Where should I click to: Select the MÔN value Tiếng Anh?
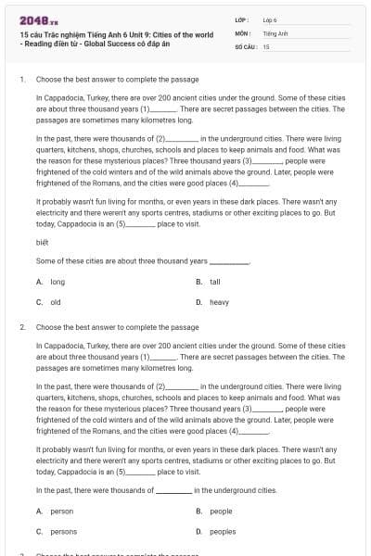click(x=275, y=32)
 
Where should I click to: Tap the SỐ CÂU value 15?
click(x=266, y=45)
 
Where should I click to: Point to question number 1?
click(x=21, y=80)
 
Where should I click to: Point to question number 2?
click(x=21, y=327)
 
